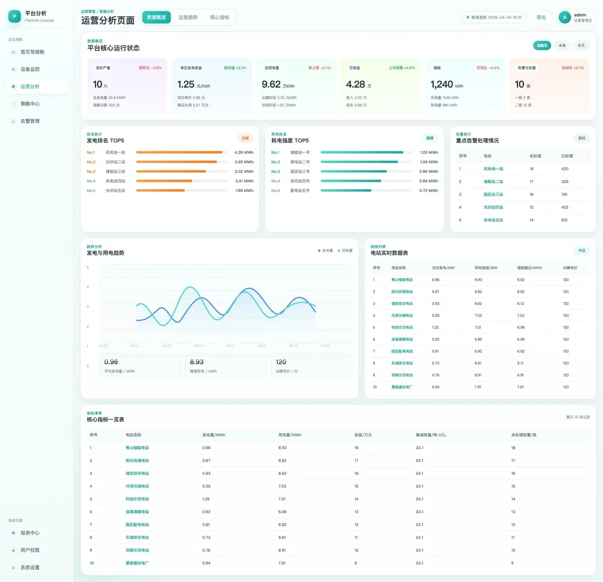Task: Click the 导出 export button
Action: [x=541, y=17]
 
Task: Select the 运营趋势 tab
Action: [x=188, y=17]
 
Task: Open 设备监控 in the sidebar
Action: [x=30, y=69]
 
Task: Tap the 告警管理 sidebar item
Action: [x=30, y=121]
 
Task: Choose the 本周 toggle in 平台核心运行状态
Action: [x=562, y=46]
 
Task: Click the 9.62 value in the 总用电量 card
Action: [x=271, y=84]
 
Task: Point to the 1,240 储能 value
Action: [x=441, y=84]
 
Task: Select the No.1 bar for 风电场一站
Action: [x=179, y=152]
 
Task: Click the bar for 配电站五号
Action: [x=346, y=190]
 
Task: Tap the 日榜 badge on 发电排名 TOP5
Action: [x=245, y=138]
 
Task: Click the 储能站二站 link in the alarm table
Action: [x=493, y=181]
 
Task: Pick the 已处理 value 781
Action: [x=564, y=194]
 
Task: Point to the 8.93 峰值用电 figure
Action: [x=196, y=362]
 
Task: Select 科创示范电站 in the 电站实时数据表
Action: [x=402, y=328]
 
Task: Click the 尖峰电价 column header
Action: [x=570, y=268]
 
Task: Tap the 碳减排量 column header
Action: [x=431, y=435]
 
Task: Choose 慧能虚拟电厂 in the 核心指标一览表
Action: [x=137, y=563]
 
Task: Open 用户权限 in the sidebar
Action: [x=30, y=550]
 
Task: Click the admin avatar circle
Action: [x=564, y=17]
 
